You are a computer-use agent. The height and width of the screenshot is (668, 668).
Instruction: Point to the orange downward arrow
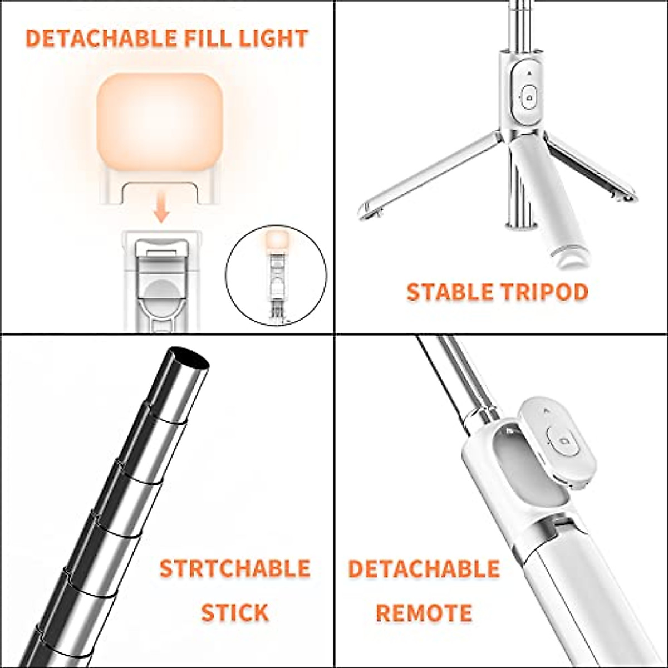[x=161, y=211]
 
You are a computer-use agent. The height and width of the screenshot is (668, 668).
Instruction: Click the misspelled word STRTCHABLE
[x=234, y=569]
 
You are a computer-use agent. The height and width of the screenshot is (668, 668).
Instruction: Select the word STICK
[x=234, y=612]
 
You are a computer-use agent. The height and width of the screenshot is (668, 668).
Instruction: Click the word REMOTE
[x=424, y=612]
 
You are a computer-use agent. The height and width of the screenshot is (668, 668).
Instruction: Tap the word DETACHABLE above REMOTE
[x=424, y=569]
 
